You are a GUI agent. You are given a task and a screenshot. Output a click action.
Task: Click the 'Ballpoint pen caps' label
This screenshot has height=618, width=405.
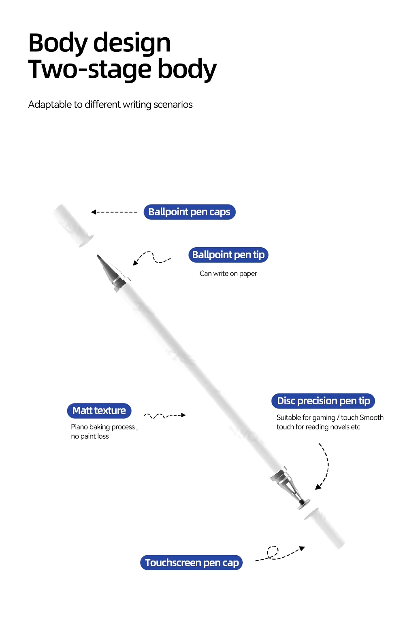189,212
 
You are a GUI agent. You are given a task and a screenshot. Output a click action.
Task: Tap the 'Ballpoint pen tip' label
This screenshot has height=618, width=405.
228,255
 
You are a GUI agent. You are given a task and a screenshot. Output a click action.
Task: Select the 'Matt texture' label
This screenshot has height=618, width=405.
99,411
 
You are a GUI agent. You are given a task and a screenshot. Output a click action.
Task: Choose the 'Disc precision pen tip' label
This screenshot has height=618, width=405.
323,401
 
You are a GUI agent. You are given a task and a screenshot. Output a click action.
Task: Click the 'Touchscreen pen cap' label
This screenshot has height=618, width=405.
192,563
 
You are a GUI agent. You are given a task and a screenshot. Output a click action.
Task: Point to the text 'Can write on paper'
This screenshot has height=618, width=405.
228,274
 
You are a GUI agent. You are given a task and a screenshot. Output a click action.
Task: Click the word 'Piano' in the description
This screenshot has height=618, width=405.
79,427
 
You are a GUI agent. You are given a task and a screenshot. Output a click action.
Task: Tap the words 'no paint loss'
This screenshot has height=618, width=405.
90,436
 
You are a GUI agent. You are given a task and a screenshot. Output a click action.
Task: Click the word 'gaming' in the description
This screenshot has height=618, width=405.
324,418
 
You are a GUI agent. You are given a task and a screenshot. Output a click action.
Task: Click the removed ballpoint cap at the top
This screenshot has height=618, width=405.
73,225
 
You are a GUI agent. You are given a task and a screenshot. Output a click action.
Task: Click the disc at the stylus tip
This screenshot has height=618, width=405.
303,503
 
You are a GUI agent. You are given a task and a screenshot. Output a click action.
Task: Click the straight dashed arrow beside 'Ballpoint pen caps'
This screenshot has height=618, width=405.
114,212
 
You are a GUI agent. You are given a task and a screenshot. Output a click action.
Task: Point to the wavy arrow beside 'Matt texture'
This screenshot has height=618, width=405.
164,415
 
